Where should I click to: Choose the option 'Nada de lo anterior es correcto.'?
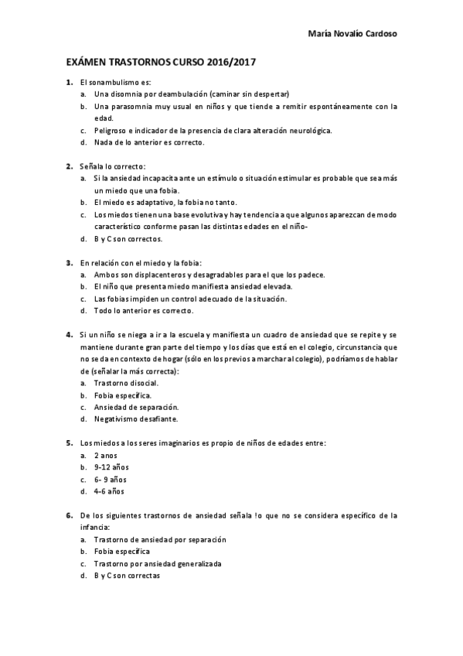tap(138, 143)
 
